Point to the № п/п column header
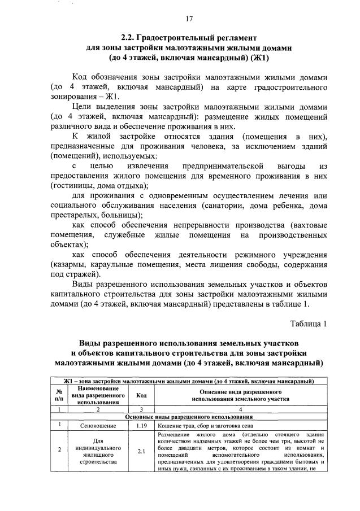(x=59, y=395)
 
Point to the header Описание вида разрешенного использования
(x=240, y=395)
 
